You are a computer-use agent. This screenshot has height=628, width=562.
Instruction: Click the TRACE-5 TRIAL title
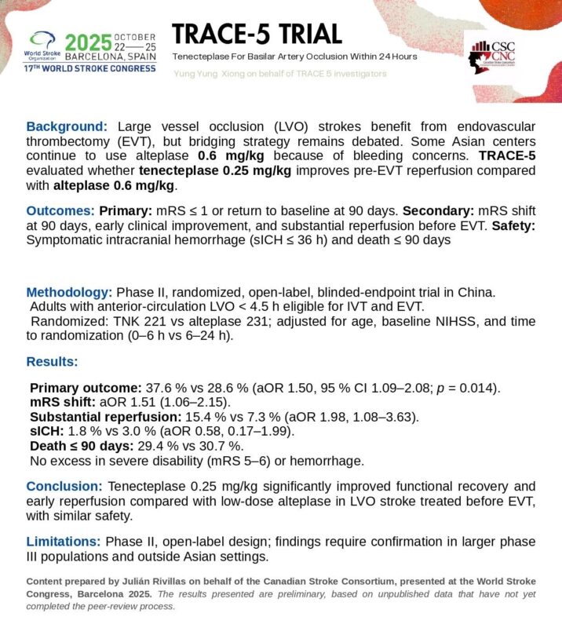pyautogui.click(x=257, y=35)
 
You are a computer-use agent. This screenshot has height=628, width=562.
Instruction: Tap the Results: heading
pyautogui.click(x=52, y=362)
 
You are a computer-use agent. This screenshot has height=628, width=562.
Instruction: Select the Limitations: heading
pyautogui.click(x=64, y=541)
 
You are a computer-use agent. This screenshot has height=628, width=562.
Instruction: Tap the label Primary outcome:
pyautogui.click(x=85, y=389)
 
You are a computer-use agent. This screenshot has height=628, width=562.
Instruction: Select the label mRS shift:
pyautogui.click(x=61, y=402)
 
